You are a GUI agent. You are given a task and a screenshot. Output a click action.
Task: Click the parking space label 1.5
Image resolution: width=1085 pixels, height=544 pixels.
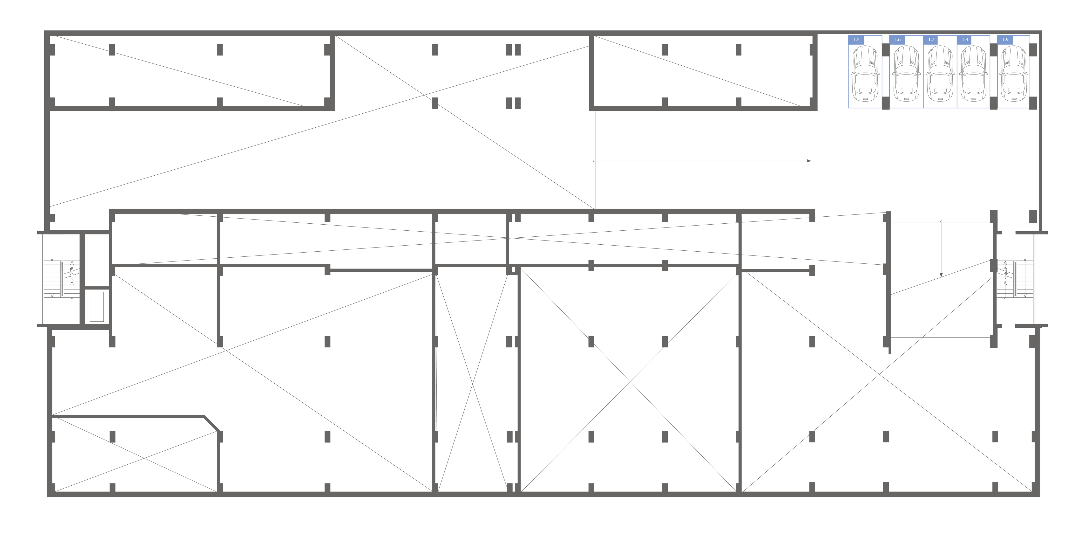(x=856, y=40)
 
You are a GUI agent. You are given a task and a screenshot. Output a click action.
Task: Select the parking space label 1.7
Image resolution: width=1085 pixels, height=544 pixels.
(x=931, y=40)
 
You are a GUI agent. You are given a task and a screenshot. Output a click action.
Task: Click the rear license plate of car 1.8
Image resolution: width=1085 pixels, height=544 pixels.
(x=973, y=99)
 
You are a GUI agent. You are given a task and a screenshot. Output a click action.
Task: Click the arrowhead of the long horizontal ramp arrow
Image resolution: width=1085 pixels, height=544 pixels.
(x=809, y=161)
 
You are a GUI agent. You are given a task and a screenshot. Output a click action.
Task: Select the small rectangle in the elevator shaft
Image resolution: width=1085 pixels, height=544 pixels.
(x=97, y=306)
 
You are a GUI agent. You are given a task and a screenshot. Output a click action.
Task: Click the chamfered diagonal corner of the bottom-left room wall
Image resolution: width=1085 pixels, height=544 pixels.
(x=212, y=424)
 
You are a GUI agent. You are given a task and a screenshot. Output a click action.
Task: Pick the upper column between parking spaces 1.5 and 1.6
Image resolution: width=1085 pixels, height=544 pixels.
(x=886, y=50)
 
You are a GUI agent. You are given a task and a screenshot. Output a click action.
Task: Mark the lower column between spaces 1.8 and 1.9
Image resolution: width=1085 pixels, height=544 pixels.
(x=994, y=103)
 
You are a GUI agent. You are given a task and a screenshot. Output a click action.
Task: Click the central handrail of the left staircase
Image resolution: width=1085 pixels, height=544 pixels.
(x=62, y=279)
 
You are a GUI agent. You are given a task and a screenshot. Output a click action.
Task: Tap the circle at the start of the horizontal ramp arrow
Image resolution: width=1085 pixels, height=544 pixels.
(x=593, y=161)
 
